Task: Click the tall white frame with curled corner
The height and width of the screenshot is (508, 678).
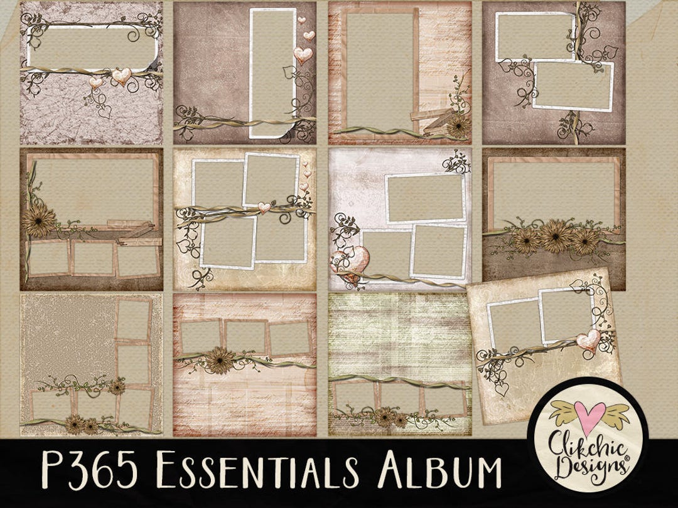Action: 273,72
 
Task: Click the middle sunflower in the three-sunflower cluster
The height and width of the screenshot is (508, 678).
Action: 556,236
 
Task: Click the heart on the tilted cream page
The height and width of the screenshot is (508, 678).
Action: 588,340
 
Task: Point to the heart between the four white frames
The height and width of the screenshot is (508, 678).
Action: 264,207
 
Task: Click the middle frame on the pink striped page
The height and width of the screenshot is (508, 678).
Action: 245,336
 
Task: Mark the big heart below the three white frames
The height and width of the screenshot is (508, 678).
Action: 349,262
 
